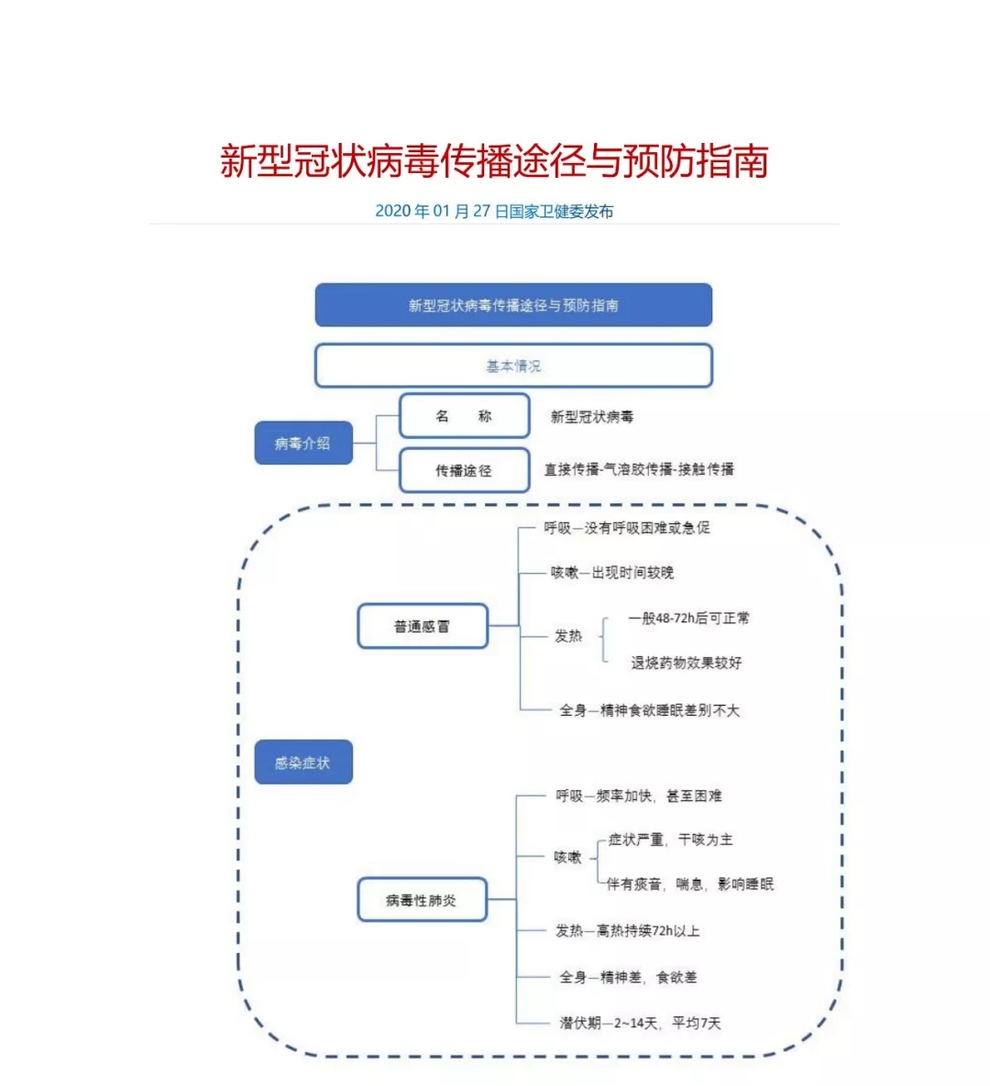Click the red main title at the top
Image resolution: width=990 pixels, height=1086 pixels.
[494, 161]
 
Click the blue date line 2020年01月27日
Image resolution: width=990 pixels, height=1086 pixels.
[494, 212]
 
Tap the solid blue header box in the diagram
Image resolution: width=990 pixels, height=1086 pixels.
[513, 305]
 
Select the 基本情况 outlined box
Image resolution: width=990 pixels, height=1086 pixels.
[513, 365]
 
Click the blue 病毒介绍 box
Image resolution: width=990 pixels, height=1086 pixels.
[303, 443]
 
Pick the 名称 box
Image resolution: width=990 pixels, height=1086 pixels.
[464, 415]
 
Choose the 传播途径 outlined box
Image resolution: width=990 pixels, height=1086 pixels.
[464, 470]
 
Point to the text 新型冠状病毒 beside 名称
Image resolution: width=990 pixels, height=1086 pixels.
[591, 416]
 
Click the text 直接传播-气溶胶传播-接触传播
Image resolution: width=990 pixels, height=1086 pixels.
[639, 469]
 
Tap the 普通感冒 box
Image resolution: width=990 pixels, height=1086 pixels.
[423, 626]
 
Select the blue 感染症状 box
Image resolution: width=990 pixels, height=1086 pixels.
[303, 762]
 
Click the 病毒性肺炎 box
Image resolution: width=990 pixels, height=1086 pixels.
[422, 900]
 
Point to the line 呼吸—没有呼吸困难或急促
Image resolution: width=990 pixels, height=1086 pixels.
[627, 528]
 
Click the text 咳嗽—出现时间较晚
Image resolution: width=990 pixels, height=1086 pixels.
[612, 573]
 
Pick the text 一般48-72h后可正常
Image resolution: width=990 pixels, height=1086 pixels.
[688, 618]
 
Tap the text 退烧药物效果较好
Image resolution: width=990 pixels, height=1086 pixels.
[686, 663]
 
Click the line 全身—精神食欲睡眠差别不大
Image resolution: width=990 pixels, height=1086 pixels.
[650, 710]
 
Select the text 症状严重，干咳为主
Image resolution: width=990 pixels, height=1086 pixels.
[670, 839]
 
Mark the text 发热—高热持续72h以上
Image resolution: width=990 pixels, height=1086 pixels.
[628, 931]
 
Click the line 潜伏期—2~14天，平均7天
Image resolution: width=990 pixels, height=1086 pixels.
[640, 1023]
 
